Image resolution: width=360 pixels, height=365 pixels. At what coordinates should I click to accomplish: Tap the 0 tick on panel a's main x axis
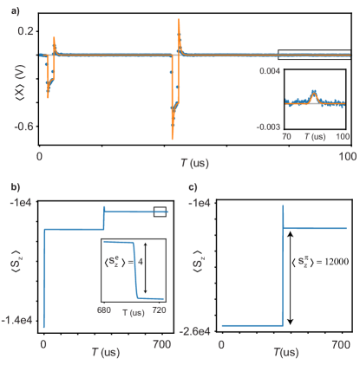(x=40, y=154)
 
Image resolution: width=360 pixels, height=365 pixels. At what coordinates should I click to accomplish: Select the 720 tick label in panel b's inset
(x=162, y=310)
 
